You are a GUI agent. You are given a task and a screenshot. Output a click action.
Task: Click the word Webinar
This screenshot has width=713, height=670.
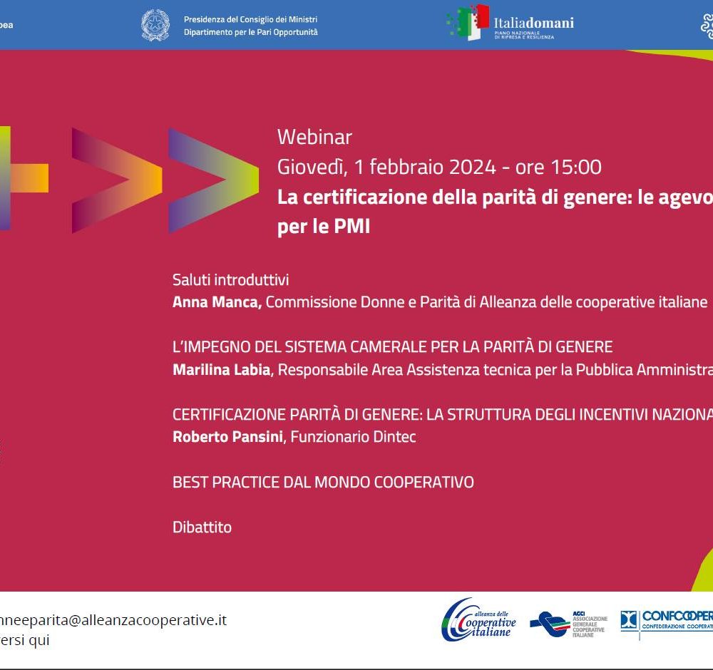314,137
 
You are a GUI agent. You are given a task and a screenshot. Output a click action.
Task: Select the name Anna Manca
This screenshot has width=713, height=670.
217,302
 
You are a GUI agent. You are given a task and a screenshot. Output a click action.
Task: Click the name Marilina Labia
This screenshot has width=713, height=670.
221,370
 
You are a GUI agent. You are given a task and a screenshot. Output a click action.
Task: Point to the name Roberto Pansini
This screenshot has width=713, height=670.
227,437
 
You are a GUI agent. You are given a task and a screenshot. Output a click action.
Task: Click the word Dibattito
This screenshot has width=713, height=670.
202,527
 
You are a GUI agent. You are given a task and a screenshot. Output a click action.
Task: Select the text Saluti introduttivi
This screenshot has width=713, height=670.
230,280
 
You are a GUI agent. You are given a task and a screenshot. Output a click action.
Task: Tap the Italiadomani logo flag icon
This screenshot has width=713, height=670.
468,23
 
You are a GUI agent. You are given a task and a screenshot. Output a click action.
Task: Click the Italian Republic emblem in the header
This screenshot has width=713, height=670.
155,25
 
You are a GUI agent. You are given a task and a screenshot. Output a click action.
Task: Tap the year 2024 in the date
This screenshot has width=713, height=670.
472,167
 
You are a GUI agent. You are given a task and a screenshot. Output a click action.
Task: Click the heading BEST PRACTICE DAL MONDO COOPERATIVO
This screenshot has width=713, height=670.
323,483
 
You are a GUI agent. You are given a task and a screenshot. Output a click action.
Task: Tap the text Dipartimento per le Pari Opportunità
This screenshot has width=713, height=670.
250,33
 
